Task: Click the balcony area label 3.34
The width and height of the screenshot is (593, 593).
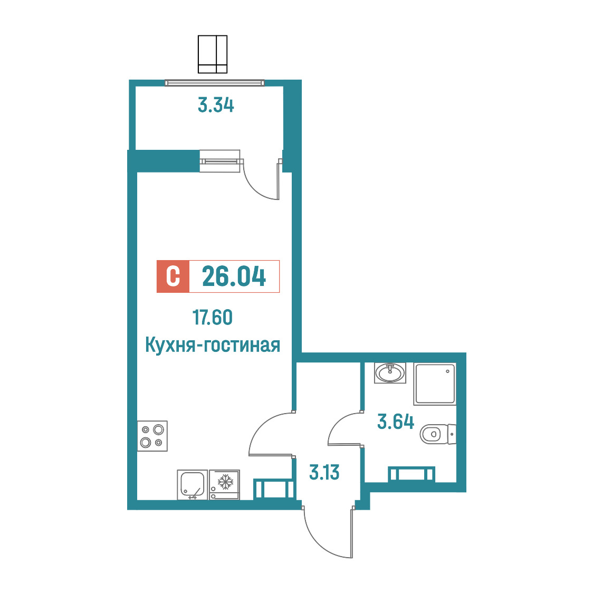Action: click(216, 105)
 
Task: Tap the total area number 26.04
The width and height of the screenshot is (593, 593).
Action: click(234, 276)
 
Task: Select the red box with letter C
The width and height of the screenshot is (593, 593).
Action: click(173, 276)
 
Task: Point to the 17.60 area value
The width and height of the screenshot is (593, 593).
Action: click(212, 317)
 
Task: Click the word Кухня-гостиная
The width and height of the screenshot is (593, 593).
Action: click(213, 345)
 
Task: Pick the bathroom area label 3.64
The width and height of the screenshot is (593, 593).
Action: click(396, 422)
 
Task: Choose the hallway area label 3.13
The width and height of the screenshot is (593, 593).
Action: click(324, 472)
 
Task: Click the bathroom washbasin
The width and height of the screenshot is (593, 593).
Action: click(390, 373)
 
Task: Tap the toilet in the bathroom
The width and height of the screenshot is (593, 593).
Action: click(438, 434)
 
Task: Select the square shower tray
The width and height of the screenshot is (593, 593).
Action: click(435, 384)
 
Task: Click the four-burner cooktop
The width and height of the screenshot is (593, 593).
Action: click(152, 436)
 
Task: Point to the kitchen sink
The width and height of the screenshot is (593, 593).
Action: click(193, 485)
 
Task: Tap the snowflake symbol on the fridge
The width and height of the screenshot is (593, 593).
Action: click(225, 482)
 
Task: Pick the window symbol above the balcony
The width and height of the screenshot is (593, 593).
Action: click(213, 54)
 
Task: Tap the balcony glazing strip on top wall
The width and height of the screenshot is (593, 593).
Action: click(214, 83)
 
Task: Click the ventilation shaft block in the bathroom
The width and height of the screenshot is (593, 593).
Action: click(412, 474)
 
